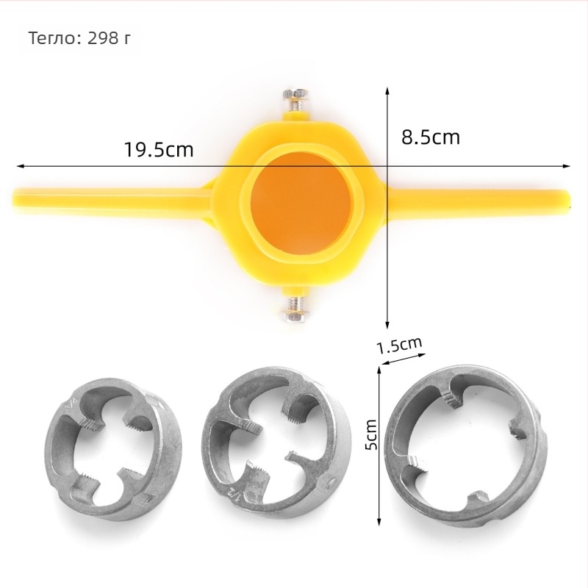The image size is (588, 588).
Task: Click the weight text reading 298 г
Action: point(109,38)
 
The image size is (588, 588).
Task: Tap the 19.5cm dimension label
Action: point(159,150)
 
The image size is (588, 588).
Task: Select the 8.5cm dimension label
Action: point(431,137)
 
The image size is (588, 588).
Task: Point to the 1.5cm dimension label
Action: point(399,345)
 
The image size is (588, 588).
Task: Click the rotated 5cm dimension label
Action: point(372,434)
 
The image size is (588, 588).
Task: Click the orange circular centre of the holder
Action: point(301,203)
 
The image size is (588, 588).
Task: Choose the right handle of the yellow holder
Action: point(476,203)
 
